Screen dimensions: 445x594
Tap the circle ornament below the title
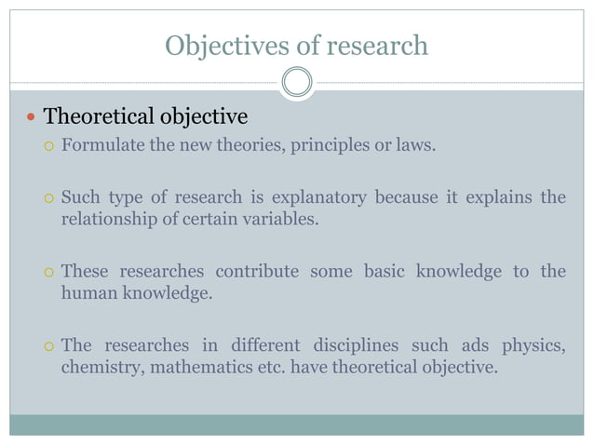pyautogui.click(x=296, y=83)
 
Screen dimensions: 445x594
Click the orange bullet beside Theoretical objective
pyautogui.click(x=33, y=118)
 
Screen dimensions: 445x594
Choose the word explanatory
pyautogui.click(x=322, y=197)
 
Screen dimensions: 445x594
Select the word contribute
pyautogui.click(x=257, y=271)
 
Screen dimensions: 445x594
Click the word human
pyautogui.click(x=87, y=293)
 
